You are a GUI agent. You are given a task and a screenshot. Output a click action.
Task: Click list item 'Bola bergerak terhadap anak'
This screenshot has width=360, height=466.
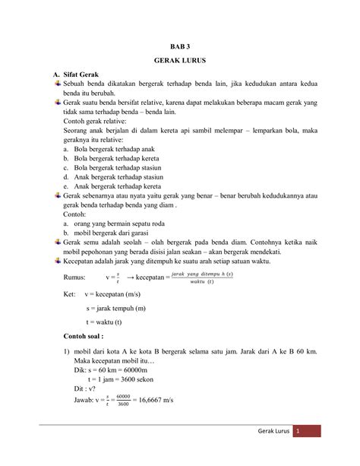pos(110,151)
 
